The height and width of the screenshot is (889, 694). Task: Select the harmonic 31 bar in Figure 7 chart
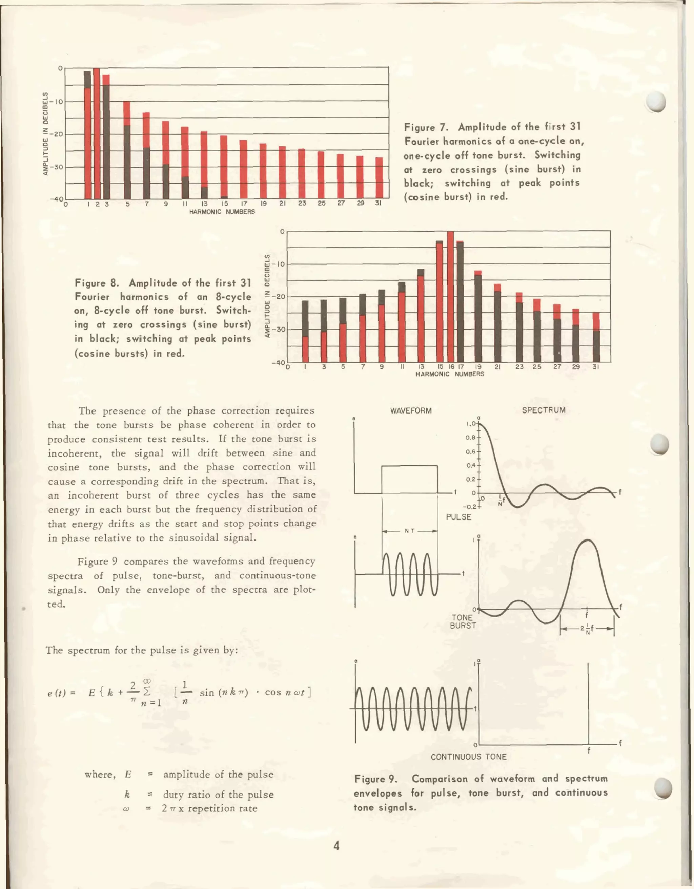pos(379,178)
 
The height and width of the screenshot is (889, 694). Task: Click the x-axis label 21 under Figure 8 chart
pos(497,367)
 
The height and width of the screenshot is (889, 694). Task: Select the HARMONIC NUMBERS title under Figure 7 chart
pos(222,212)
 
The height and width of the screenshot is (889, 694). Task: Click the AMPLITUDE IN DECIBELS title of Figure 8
pos(268,296)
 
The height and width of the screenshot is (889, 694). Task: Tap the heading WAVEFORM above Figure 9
pos(410,411)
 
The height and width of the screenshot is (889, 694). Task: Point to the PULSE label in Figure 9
pos(458,517)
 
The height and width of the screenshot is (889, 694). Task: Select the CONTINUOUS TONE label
pos(469,757)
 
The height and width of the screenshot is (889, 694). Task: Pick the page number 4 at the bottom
pos(336,846)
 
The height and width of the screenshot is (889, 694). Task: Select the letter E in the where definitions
pos(128,774)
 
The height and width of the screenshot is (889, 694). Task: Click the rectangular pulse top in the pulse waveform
pos(410,466)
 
